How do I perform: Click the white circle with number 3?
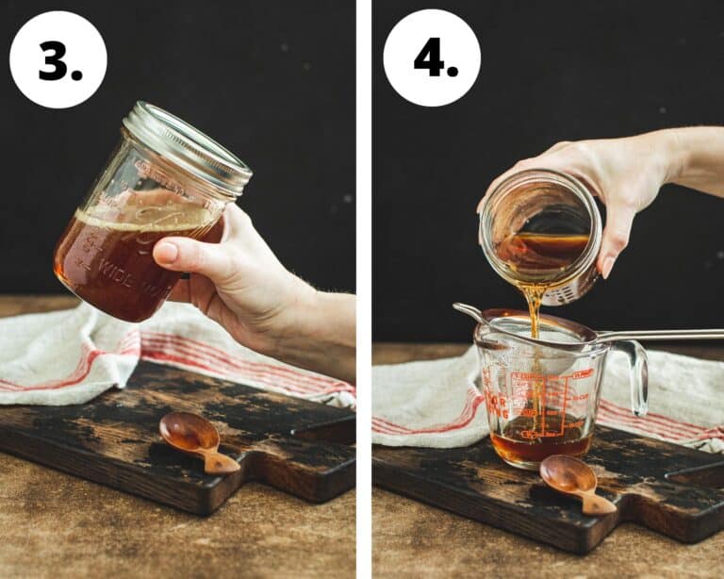[58, 59]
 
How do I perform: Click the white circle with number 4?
[432, 59]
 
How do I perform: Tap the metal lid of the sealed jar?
[189, 146]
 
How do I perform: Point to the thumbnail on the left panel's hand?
[167, 252]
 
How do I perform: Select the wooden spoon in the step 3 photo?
[194, 439]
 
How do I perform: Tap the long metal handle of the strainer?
[660, 335]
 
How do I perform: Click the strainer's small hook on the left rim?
[465, 311]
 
